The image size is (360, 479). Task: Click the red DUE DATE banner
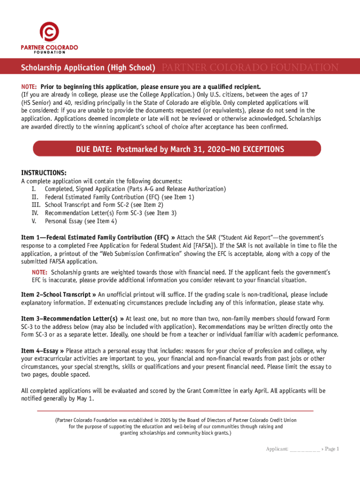(x=180, y=149)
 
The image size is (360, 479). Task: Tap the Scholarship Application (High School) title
(x=88, y=68)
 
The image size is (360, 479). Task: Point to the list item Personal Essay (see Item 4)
(x=81, y=221)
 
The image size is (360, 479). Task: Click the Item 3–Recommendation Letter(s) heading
(x=72, y=319)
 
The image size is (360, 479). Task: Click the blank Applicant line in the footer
(x=304, y=450)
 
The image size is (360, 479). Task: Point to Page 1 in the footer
(x=331, y=450)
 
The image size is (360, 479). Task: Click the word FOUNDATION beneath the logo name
(x=50, y=53)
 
